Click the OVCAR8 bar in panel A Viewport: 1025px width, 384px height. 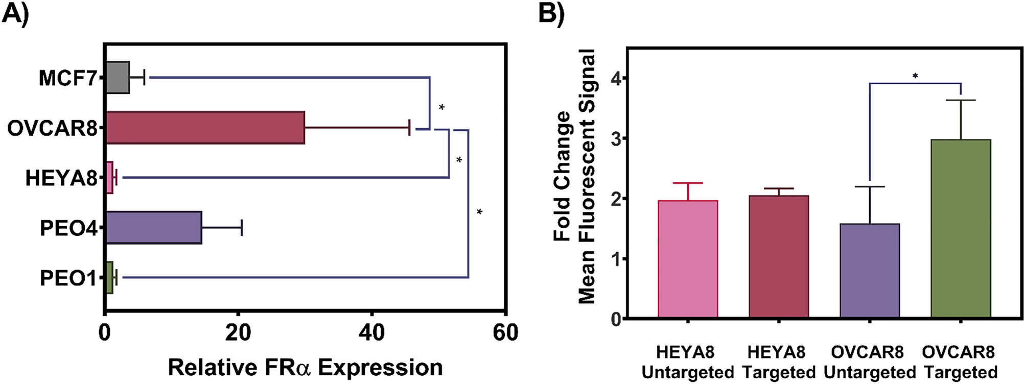click(205, 128)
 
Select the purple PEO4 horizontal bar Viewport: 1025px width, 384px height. click(153, 228)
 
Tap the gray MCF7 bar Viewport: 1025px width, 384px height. click(118, 78)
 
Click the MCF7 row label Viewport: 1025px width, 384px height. click(67, 79)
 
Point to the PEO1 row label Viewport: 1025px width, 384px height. click(68, 278)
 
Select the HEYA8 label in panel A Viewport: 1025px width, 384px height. click(61, 179)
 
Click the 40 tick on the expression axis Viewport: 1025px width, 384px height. click(371, 333)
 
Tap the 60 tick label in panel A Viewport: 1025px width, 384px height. click(505, 333)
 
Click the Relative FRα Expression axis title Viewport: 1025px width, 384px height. click(305, 368)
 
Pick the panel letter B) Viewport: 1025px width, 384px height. click(552, 13)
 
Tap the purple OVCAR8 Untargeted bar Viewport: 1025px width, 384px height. click(870, 271)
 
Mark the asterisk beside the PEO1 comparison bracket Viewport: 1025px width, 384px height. click(479, 211)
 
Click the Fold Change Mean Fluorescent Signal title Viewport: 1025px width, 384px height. click(575, 176)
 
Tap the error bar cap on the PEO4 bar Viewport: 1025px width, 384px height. click(241, 228)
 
